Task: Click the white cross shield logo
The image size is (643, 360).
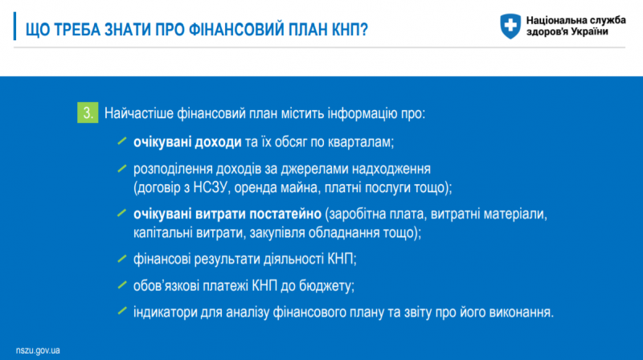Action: coord(510,26)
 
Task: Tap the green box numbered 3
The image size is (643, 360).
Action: coord(88,112)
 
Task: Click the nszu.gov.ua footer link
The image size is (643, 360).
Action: coord(38,350)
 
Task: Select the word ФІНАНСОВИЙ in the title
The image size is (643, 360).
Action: coord(237,30)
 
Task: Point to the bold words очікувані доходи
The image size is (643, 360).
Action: coord(187,142)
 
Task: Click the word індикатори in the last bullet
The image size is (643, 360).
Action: coord(166,313)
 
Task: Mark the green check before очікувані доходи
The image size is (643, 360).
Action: coord(122,141)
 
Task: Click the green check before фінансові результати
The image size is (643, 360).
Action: coord(122,259)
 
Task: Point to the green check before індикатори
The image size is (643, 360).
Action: coord(122,311)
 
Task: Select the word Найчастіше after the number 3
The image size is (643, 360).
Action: coord(138,113)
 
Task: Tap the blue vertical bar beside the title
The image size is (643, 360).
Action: coord(14,27)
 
